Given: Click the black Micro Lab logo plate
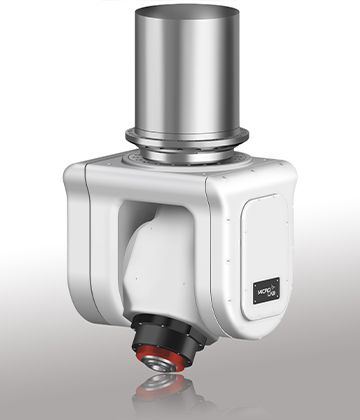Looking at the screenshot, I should [x=266, y=290].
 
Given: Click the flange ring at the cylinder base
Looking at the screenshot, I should [x=187, y=138].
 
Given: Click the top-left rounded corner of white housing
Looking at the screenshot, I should [x=75, y=176].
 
